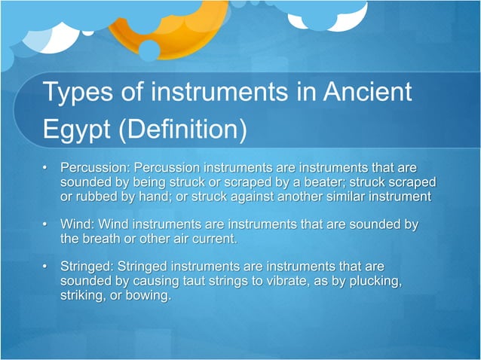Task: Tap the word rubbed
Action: click(x=98, y=197)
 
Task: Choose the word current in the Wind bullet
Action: click(x=214, y=239)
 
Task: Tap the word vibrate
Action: click(x=291, y=282)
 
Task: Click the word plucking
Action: click(x=369, y=282)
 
